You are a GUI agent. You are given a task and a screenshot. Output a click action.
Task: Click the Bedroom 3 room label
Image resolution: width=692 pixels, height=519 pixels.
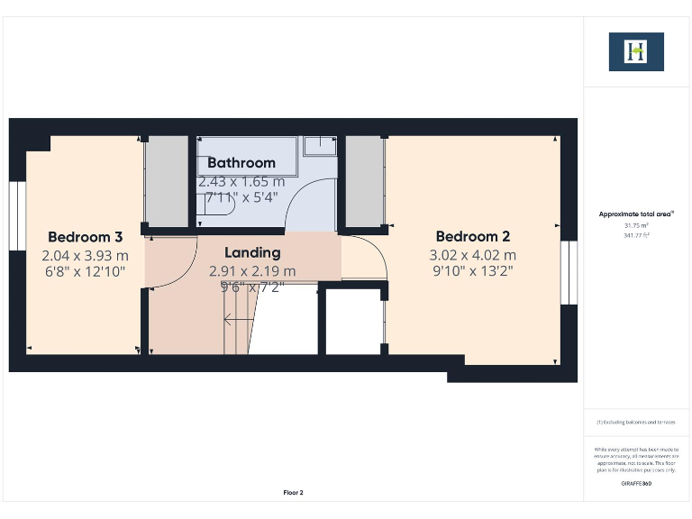[85, 238]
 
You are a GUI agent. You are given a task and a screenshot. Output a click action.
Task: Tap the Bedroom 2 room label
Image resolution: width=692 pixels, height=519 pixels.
[472, 238]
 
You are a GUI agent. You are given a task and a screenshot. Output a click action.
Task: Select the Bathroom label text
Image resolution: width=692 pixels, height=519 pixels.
[241, 163]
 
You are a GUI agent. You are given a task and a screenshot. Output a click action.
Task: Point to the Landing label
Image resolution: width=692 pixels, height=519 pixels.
[252, 253]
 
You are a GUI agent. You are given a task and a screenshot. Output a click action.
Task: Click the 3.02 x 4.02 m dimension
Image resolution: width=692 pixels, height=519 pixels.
[472, 255]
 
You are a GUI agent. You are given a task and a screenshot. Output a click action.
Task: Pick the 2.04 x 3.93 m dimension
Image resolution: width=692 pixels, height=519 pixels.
[85, 255]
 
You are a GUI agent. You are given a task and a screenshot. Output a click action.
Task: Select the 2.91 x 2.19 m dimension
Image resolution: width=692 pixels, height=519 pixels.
[252, 270]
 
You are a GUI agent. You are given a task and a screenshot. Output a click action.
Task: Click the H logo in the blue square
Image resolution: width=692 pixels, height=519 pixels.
[636, 51]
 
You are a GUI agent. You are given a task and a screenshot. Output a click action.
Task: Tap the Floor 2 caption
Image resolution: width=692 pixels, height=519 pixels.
[294, 493]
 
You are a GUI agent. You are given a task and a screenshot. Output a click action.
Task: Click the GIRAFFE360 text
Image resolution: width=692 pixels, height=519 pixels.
[636, 484]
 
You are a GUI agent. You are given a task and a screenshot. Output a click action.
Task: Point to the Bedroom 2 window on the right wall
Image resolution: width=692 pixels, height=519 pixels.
[568, 273]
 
